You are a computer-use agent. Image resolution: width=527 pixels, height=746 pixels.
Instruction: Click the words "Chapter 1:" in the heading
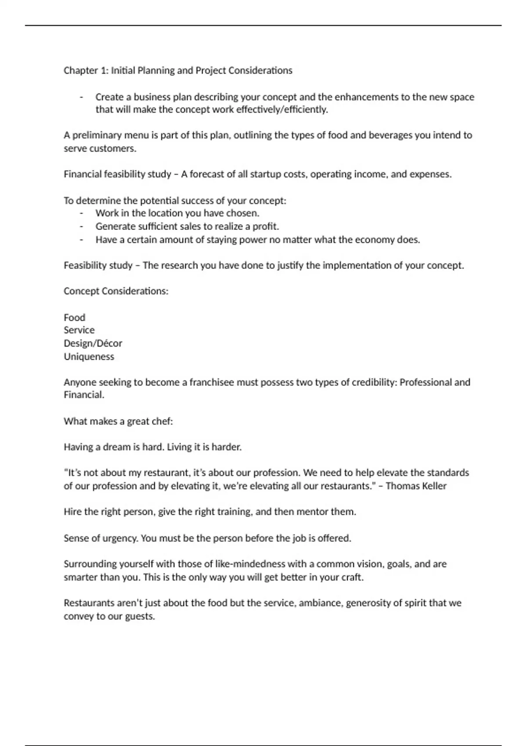pos(86,71)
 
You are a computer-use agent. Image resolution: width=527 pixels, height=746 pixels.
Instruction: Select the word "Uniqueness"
pos(89,356)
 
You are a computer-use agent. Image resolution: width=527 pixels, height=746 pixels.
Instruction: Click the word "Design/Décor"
pos(93,343)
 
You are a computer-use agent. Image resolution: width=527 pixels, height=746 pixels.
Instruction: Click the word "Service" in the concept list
pos(79,330)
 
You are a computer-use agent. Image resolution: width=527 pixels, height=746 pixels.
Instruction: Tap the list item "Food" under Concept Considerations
pos(74,317)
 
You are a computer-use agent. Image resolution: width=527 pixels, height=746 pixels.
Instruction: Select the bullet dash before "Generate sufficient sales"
pos(82,226)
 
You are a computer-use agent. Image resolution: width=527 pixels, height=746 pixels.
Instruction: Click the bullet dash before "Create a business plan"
pos(82,97)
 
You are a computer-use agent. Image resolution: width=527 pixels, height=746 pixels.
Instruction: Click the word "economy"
pos(374,240)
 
